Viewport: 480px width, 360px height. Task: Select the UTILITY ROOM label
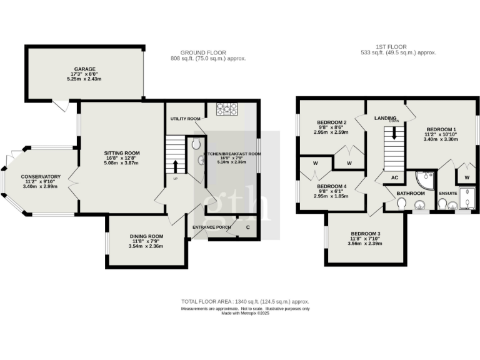point(185,119)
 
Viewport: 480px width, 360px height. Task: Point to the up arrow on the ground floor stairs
point(175,166)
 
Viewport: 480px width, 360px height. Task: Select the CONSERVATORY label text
point(41,177)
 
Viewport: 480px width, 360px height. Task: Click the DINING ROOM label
point(146,237)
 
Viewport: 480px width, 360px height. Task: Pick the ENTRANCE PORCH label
point(212,227)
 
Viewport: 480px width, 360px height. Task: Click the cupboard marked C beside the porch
point(247,227)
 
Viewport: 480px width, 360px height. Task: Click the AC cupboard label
point(394,177)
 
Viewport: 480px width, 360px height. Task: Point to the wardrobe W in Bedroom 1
point(466,177)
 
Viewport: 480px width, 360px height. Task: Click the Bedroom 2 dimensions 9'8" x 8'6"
point(331,127)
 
